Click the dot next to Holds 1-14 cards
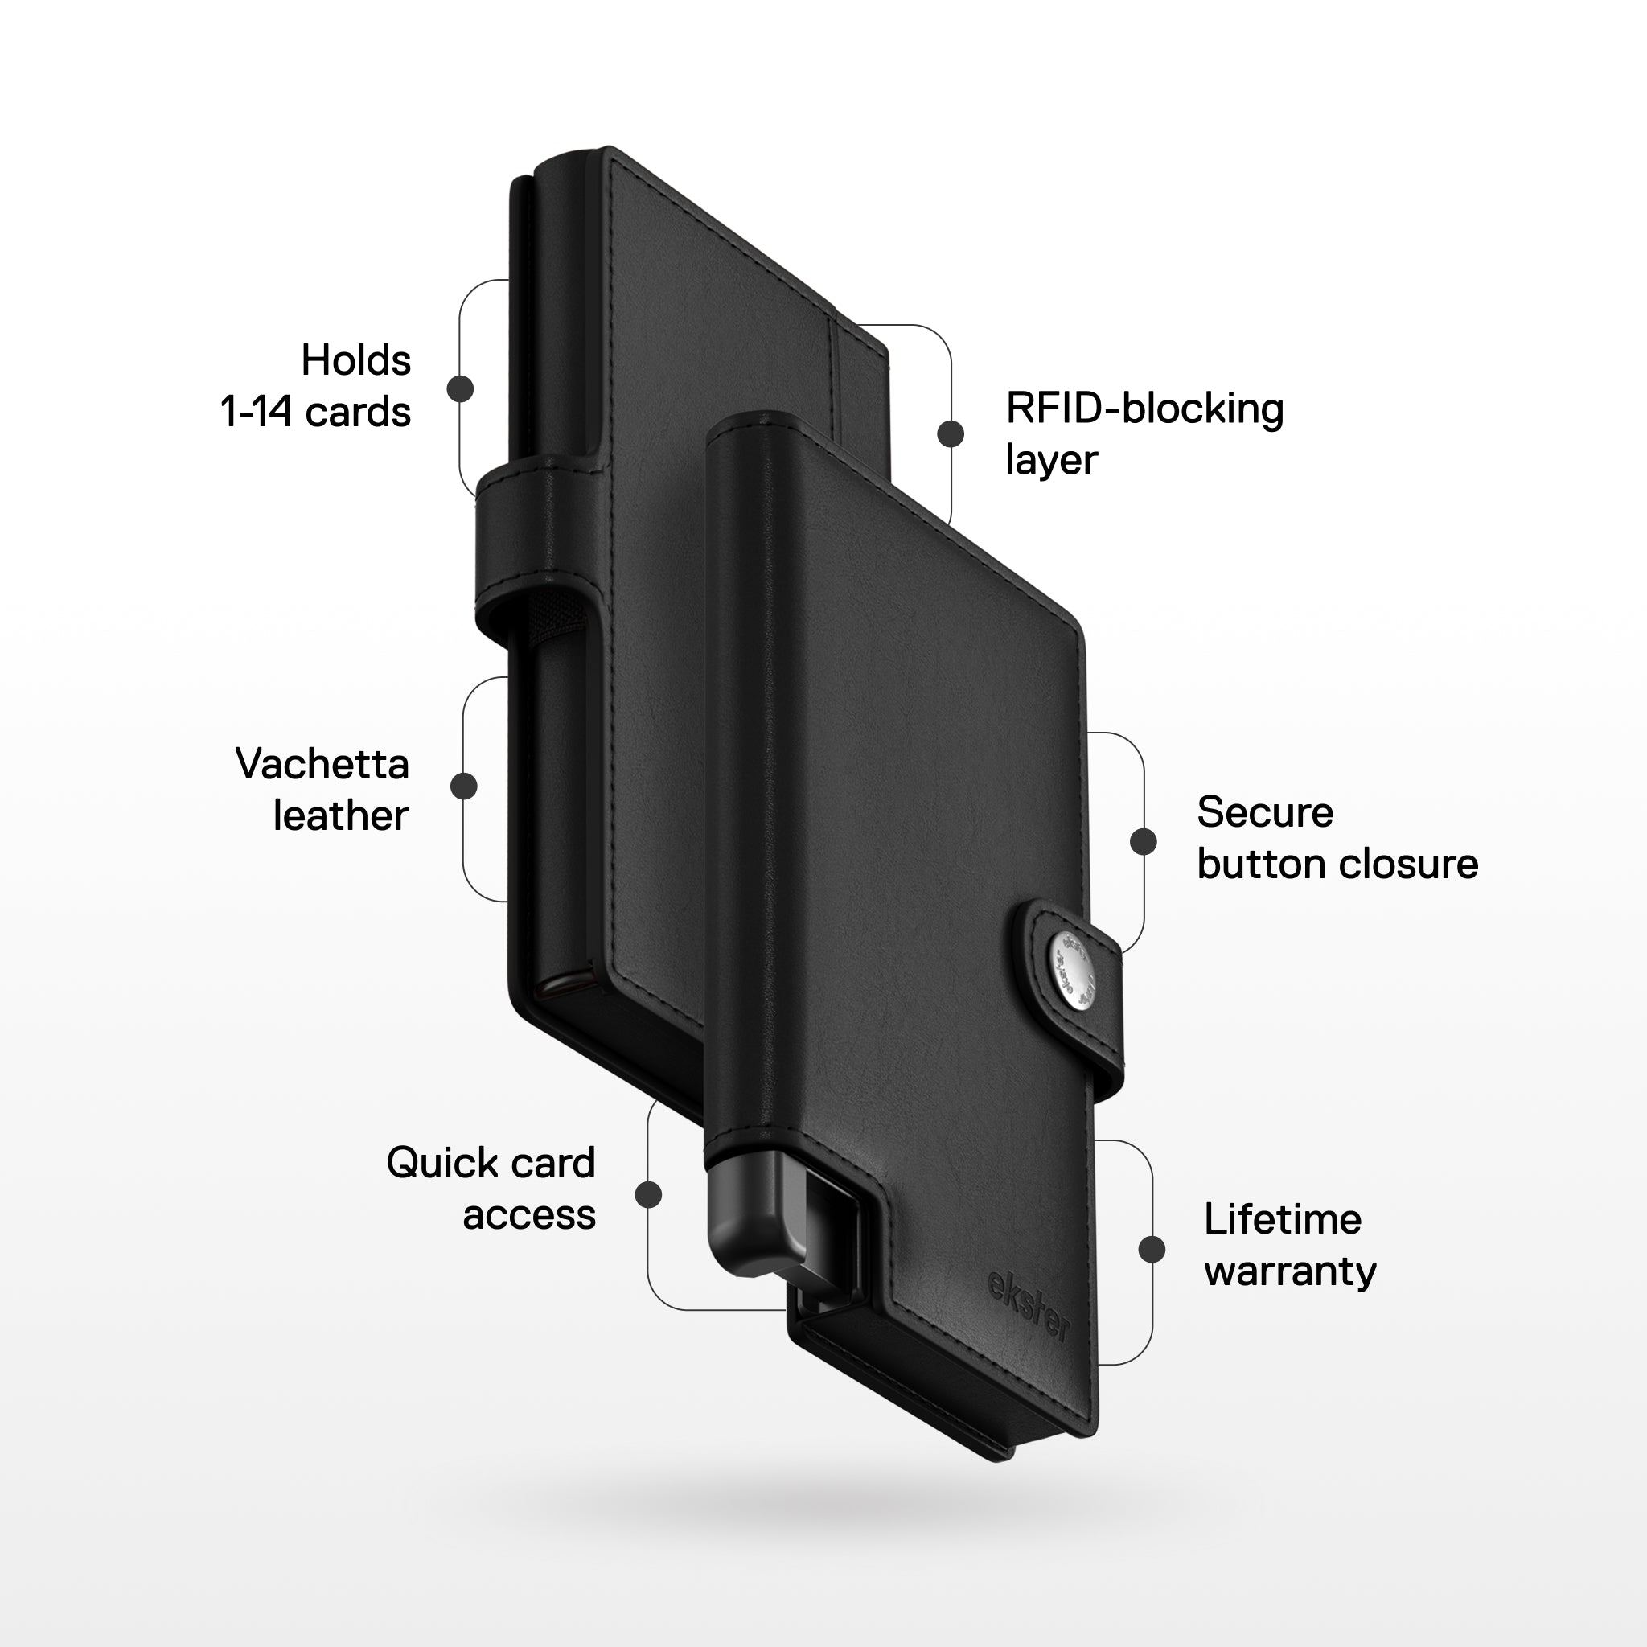460,388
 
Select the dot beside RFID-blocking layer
951,433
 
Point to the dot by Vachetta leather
464,786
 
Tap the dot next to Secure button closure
1144,841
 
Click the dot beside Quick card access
649,1194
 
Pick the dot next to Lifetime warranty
1152,1249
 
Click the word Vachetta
322,764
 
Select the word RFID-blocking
1145,409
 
